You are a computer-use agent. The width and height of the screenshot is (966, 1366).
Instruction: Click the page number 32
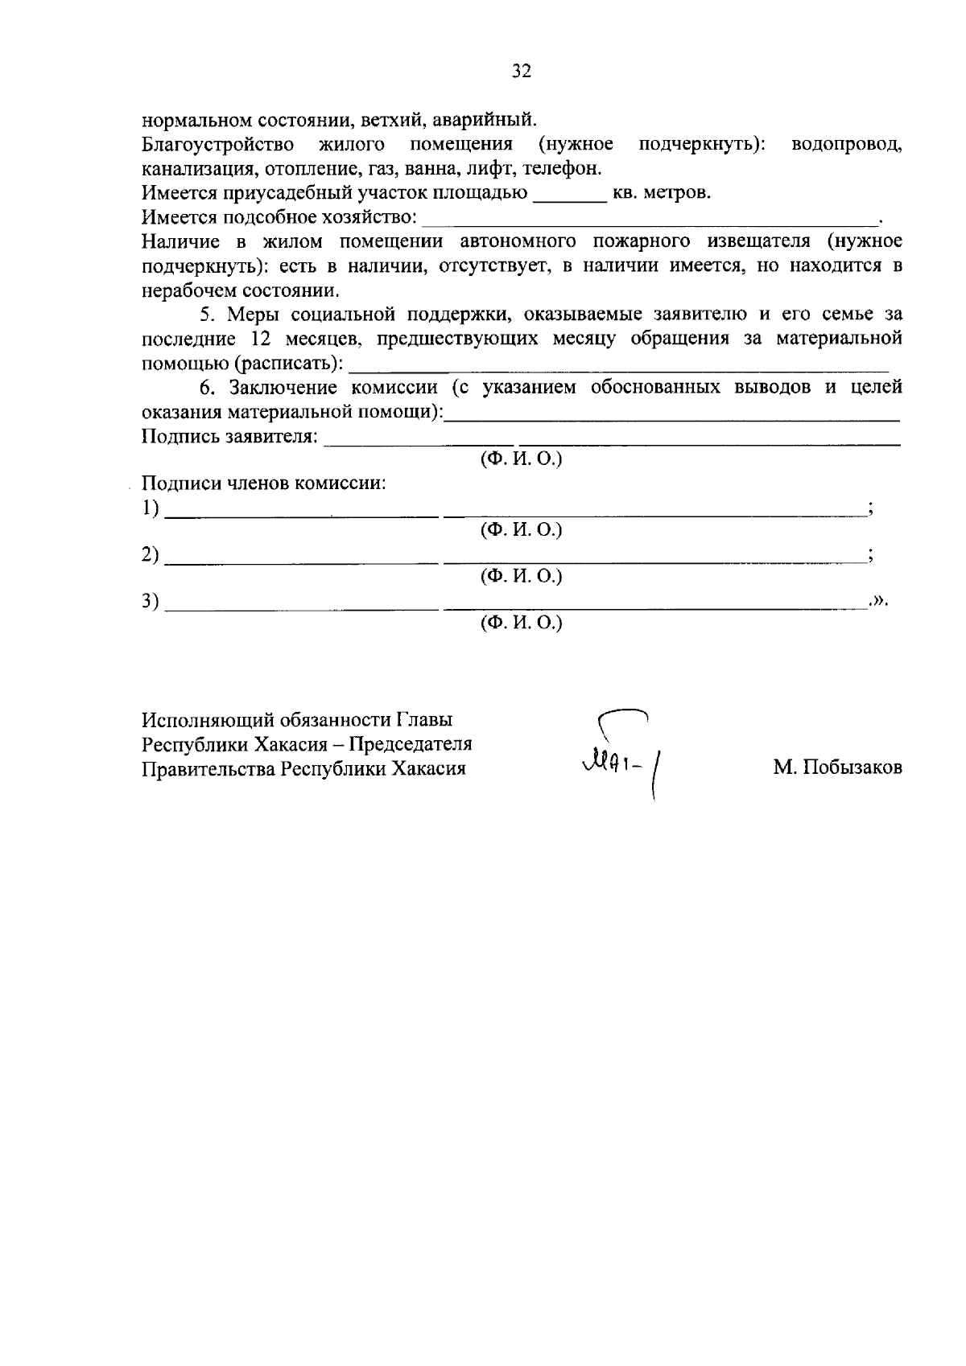[x=522, y=72]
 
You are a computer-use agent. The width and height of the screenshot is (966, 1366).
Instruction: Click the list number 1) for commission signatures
[x=151, y=508]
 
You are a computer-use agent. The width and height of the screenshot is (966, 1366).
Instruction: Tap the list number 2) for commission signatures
[x=151, y=555]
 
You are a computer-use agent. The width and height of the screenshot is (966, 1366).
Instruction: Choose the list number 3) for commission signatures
[x=151, y=601]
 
